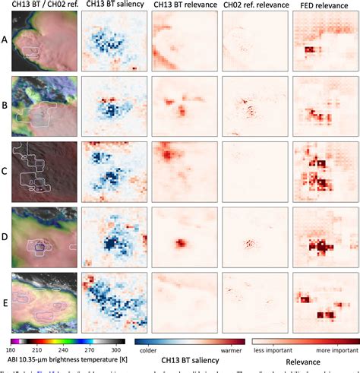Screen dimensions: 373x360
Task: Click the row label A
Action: click(5, 42)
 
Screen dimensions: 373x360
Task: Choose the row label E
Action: click(5, 302)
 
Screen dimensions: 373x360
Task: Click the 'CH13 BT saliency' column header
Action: click(111, 5)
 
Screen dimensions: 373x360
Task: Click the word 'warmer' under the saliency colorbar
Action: click(231, 351)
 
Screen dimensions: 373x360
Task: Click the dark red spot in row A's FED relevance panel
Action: click(309, 51)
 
